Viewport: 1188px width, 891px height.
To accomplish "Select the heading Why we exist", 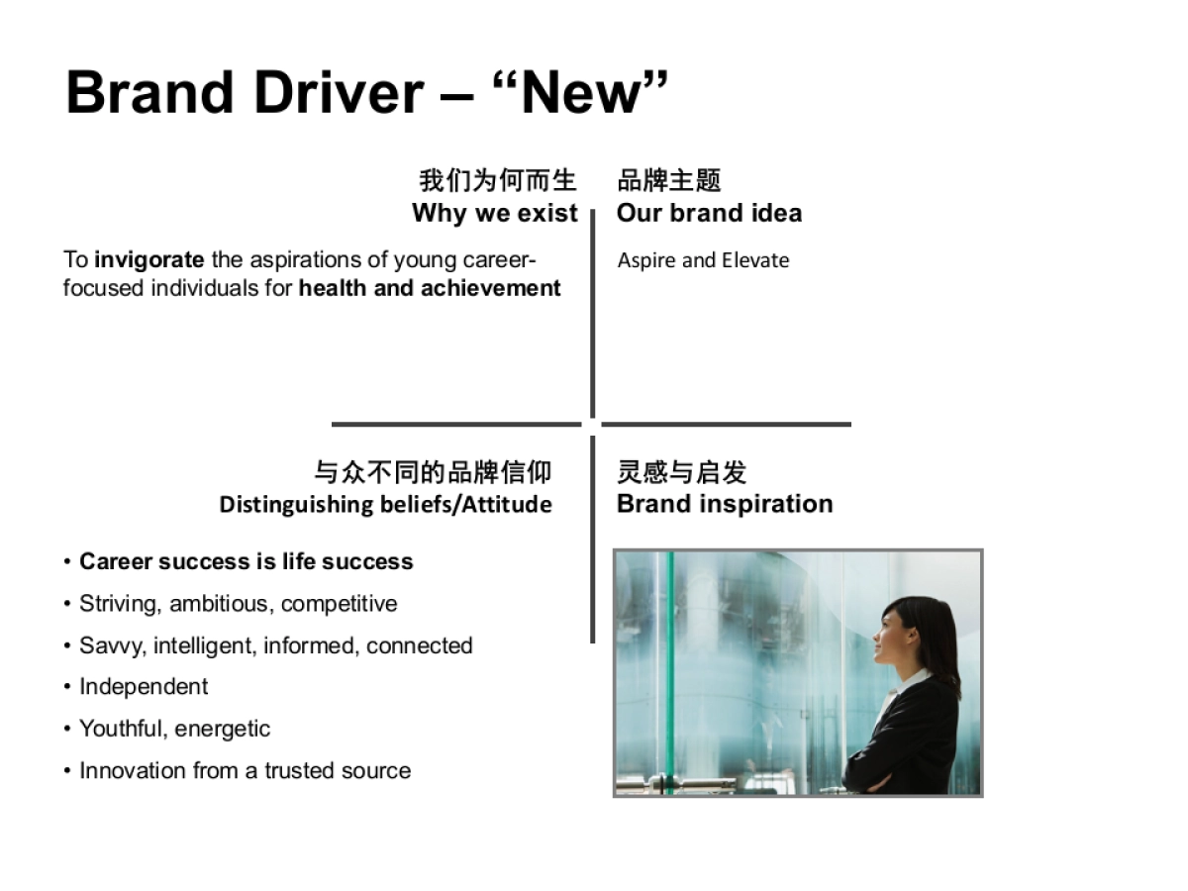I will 494,213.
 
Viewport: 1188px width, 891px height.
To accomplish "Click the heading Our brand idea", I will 709,213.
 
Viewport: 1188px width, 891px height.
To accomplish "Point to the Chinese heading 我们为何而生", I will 497,180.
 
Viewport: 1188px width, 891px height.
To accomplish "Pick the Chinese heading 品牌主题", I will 669,180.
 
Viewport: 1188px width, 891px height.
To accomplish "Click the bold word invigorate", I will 149,260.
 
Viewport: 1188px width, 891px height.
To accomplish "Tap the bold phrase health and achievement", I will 430,288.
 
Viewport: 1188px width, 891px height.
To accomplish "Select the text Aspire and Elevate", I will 703,260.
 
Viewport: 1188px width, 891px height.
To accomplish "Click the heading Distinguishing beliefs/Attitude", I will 385,504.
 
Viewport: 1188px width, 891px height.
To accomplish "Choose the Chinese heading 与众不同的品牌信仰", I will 433,471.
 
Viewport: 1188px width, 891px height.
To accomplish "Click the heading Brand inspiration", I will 724,504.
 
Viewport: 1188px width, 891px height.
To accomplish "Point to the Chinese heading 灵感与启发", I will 681,471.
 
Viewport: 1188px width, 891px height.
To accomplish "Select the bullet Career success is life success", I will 246,561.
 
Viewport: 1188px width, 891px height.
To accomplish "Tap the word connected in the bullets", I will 419,645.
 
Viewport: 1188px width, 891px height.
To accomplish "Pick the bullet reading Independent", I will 144,687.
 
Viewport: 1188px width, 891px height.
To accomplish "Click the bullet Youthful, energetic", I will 174,729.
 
